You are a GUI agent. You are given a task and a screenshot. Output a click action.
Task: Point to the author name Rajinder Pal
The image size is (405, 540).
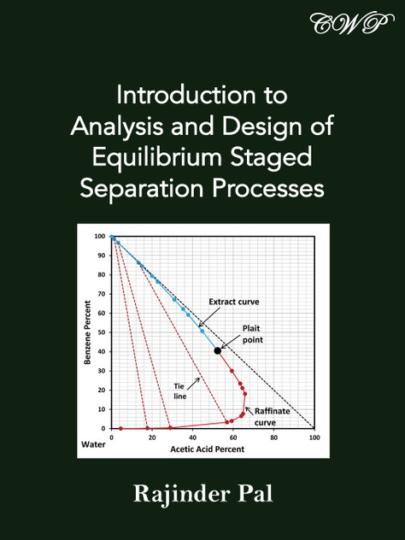tap(202, 495)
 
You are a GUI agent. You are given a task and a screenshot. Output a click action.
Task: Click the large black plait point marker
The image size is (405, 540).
tap(218, 350)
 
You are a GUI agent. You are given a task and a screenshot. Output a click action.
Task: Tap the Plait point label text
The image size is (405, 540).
tap(252, 333)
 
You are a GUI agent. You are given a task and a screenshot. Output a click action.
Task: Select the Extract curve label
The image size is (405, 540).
tap(234, 302)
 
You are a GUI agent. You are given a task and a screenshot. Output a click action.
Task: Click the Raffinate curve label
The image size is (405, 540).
tap(272, 416)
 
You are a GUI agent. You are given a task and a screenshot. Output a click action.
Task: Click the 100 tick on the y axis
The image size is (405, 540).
tap(100, 236)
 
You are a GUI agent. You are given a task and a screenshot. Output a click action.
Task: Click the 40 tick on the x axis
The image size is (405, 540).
tap(192, 437)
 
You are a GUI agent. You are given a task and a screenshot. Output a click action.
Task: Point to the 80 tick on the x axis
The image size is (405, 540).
tap(273, 437)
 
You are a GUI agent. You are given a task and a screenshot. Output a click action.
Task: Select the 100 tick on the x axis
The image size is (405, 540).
tap(314, 437)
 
